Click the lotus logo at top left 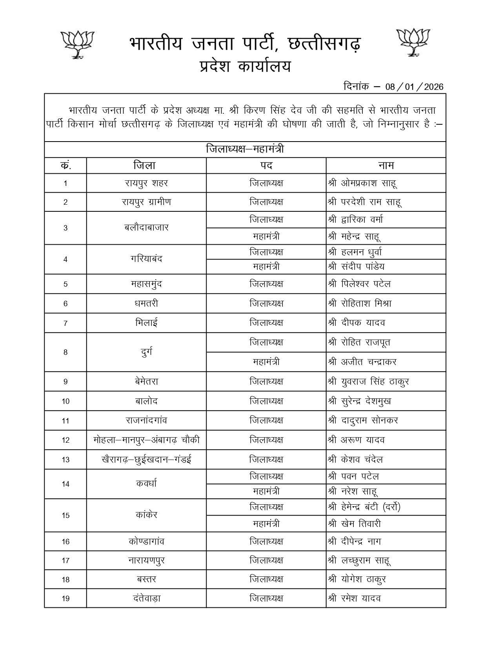[79, 44]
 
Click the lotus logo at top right [413, 42]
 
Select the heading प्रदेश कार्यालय [245, 66]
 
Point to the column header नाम [386, 165]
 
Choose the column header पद [266, 165]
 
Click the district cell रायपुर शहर [146, 183]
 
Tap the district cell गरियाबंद [146, 259]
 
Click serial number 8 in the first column [65, 352]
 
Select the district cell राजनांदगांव [146, 420]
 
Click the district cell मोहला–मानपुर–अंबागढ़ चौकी [146, 440]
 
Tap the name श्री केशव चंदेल [355, 460]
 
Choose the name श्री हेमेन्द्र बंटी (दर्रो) [364, 507]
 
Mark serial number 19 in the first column [65, 598]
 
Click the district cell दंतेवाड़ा [146, 598]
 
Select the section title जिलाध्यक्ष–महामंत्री [245, 149]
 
